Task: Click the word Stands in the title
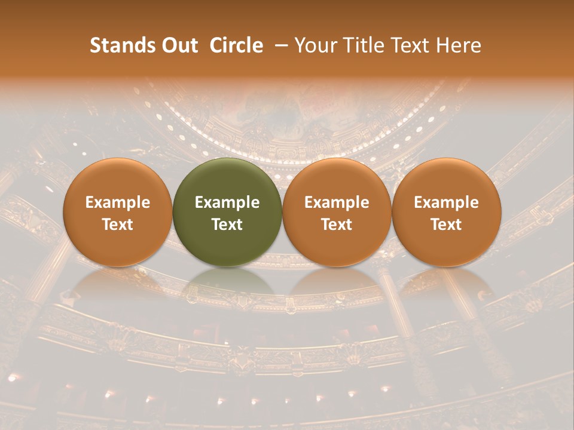118,46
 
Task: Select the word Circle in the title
236,46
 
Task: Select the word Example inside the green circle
227,202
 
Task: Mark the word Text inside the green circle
227,225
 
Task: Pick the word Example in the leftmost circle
117,202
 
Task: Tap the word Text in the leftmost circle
117,225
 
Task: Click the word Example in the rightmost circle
447,202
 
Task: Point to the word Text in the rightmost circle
447,225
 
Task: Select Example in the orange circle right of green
337,202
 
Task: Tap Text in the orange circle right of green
337,225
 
